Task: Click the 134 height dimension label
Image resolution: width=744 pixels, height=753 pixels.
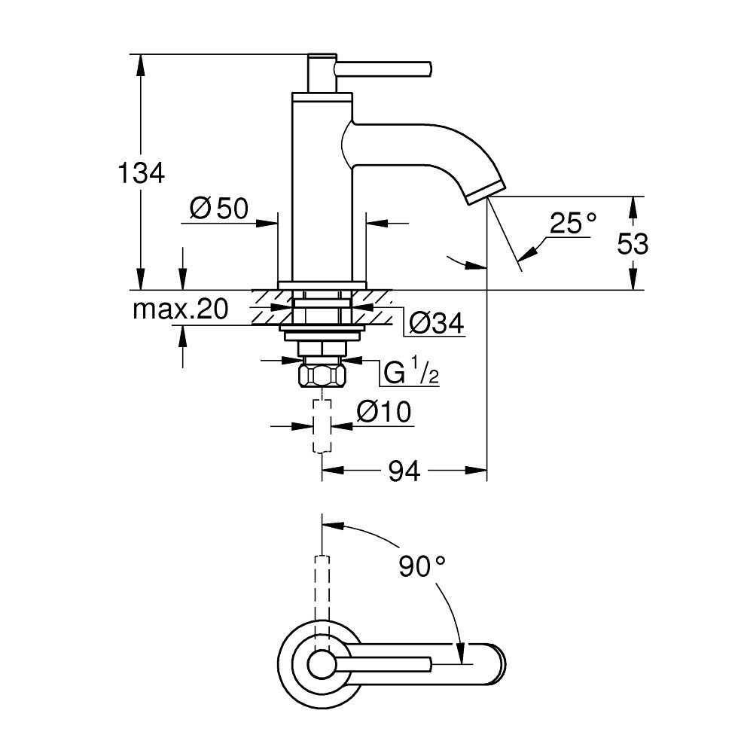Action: (x=141, y=173)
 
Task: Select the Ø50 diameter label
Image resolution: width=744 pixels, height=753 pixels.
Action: (x=218, y=209)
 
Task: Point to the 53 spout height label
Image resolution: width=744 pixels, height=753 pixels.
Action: (x=633, y=243)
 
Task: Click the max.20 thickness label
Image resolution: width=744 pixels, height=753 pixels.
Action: (x=180, y=309)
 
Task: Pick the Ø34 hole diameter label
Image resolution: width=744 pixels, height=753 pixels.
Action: (x=436, y=324)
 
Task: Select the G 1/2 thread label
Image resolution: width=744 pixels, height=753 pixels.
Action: (x=411, y=373)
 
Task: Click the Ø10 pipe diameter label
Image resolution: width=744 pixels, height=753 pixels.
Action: (x=384, y=412)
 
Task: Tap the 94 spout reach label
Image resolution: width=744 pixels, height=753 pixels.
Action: (x=404, y=471)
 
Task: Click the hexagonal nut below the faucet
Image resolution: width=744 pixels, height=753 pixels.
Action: (x=322, y=374)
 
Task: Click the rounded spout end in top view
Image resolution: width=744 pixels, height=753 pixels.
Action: (x=493, y=663)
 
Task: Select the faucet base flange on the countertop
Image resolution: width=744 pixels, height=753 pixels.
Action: (x=322, y=285)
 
